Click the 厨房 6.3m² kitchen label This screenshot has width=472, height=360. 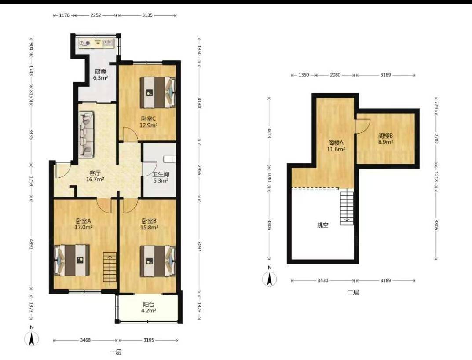(101, 75)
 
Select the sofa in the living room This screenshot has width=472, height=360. (86, 135)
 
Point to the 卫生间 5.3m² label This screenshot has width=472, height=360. (161, 177)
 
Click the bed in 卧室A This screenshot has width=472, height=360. (72, 260)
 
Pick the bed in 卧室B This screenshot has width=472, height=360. (158, 261)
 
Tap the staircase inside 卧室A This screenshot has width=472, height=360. (110, 267)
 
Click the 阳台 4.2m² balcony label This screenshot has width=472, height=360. (149, 307)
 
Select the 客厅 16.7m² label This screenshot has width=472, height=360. (95, 176)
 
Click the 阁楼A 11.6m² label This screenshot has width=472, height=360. (336, 146)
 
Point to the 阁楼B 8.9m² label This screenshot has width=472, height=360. (386, 139)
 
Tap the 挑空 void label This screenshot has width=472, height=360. (323, 225)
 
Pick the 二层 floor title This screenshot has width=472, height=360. (353, 292)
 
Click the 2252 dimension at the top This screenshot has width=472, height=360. (96, 15)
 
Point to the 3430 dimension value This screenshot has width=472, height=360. (323, 280)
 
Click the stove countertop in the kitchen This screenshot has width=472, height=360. (96, 43)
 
